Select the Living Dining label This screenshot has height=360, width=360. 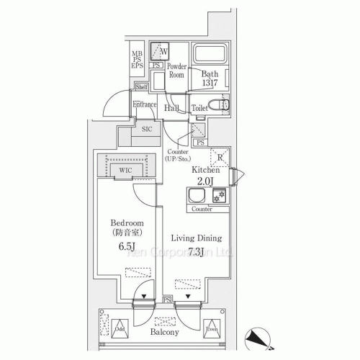(x=196, y=238)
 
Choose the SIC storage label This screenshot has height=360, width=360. (x=146, y=129)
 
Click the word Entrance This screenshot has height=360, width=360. (x=145, y=105)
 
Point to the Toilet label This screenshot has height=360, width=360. (x=201, y=108)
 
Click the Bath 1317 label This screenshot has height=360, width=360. (x=210, y=78)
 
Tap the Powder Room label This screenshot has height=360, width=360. (x=177, y=70)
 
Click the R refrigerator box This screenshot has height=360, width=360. (x=218, y=153)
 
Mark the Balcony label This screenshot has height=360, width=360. (x=165, y=333)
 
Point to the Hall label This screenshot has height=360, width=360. (x=171, y=108)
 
